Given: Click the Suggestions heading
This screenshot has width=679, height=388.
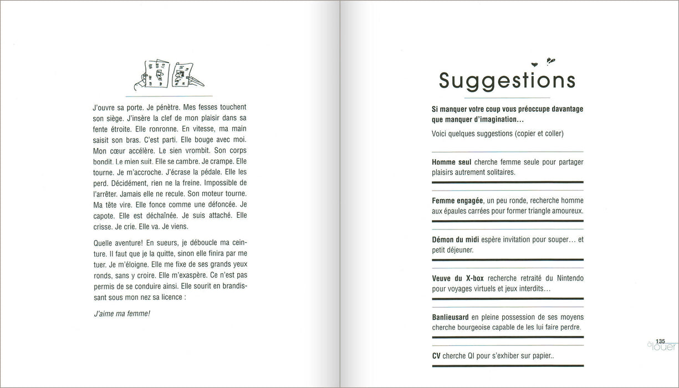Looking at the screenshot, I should point(507,81).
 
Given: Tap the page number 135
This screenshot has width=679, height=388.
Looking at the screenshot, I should point(660,341).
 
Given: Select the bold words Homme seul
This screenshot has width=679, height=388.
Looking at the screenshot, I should point(451,162).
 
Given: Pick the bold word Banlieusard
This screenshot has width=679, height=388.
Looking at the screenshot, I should point(451,317).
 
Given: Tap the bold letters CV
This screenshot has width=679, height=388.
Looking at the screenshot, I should point(436,355).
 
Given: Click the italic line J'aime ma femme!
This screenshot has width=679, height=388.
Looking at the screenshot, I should point(121,314).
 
